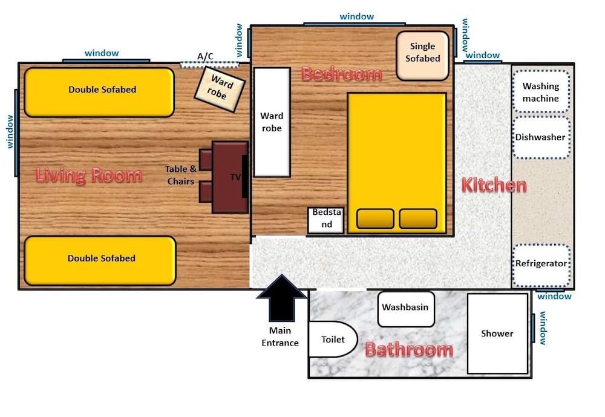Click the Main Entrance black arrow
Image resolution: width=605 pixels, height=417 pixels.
282,298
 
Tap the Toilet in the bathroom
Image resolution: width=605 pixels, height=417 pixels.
333,340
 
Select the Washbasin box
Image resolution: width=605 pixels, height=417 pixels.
406,309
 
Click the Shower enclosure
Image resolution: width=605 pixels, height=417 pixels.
497,333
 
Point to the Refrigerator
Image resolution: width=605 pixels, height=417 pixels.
541,265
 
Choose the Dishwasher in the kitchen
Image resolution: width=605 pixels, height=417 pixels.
541,137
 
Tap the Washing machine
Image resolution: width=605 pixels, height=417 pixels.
541,92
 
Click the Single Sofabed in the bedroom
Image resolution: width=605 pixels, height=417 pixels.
422,56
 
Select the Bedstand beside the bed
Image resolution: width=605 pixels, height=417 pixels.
326,220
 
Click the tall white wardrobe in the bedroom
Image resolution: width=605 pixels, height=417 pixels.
272,122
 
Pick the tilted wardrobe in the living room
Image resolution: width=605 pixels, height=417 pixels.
220,89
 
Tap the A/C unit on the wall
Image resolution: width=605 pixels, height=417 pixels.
209,65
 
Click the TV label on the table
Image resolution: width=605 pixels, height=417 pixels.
235,177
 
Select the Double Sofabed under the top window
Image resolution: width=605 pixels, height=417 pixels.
100,92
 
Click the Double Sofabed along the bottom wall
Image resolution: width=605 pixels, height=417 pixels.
100,261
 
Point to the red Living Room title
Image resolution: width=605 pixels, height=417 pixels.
89,176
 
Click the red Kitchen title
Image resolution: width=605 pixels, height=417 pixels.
494,185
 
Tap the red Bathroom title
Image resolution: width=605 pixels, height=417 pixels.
409,349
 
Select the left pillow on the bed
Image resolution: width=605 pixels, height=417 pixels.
376,218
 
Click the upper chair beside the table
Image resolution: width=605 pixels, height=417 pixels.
206,159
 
